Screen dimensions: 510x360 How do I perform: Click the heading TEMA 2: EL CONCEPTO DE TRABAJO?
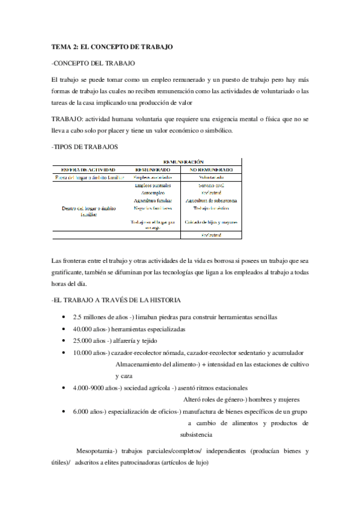[112, 47]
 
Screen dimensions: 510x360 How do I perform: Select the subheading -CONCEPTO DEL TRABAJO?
[93, 63]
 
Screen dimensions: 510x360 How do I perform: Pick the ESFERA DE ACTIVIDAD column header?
[88, 170]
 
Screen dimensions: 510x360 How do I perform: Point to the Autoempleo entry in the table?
[153, 192]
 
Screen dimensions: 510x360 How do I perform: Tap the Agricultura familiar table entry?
[153, 200]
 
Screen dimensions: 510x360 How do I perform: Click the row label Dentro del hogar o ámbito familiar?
[89, 211]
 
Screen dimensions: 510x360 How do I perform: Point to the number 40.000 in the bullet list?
[82, 330]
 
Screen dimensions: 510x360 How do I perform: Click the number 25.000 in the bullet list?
[82, 341]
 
